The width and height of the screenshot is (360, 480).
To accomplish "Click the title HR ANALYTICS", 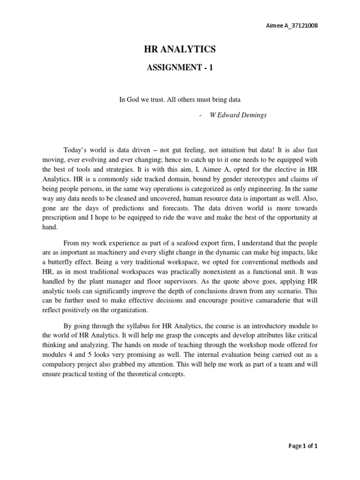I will pos(180,49).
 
